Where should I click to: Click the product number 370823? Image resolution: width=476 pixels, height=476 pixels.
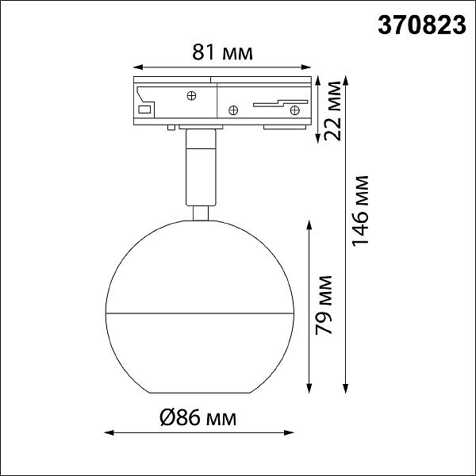(422, 25)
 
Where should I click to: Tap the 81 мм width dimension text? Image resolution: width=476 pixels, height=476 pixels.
(222, 52)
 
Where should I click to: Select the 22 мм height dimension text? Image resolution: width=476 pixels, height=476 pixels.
(332, 111)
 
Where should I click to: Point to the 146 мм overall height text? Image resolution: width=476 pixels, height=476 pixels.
(360, 210)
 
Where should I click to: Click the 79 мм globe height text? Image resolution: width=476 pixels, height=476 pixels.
(324, 305)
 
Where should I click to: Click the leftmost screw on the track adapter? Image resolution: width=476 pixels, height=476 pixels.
(191, 96)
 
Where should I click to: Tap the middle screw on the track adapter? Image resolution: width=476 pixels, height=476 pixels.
(233, 110)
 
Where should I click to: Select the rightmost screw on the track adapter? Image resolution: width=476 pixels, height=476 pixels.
(295, 110)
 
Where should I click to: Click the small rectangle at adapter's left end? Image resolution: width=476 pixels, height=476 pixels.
(144, 109)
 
